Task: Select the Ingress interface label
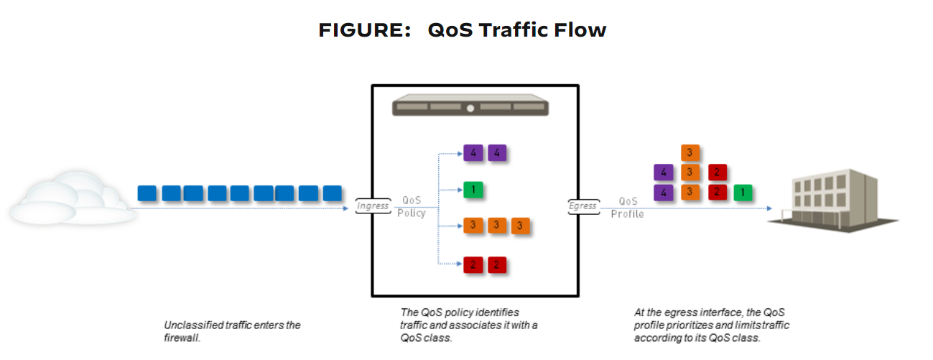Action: (x=371, y=206)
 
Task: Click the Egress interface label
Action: (x=582, y=206)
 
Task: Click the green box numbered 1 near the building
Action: (x=742, y=193)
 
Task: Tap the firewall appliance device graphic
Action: (x=470, y=108)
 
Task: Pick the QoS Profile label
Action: (x=628, y=208)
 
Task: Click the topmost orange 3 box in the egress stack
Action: (x=690, y=153)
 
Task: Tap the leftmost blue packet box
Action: (x=147, y=193)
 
